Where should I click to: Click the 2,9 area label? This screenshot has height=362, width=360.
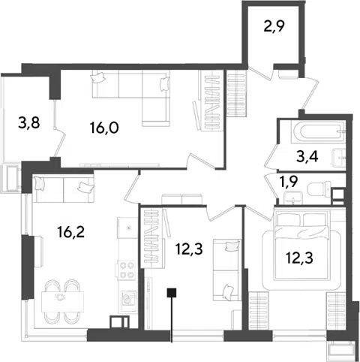point(274,26)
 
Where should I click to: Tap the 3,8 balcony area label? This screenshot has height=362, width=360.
point(29,123)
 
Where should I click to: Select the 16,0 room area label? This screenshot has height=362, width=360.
point(104,128)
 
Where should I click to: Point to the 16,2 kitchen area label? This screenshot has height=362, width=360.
point(70,232)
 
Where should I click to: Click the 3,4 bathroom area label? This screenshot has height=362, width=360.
point(307,157)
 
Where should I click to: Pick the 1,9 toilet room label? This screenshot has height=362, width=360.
point(289,182)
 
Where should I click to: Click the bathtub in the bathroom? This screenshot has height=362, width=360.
point(319,132)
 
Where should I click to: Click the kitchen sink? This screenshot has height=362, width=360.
point(128,298)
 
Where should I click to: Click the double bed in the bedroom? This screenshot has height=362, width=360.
point(301,246)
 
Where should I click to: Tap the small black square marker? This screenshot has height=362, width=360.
point(172,293)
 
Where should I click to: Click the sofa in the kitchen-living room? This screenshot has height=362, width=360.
point(63,189)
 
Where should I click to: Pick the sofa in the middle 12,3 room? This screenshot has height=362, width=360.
point(227,270)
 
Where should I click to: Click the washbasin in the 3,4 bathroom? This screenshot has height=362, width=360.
point(339,158)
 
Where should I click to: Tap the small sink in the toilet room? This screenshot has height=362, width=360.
point(293,198)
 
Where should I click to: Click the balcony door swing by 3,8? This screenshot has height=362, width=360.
point(59,142)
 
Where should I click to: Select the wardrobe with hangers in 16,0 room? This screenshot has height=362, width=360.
point(211,100)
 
